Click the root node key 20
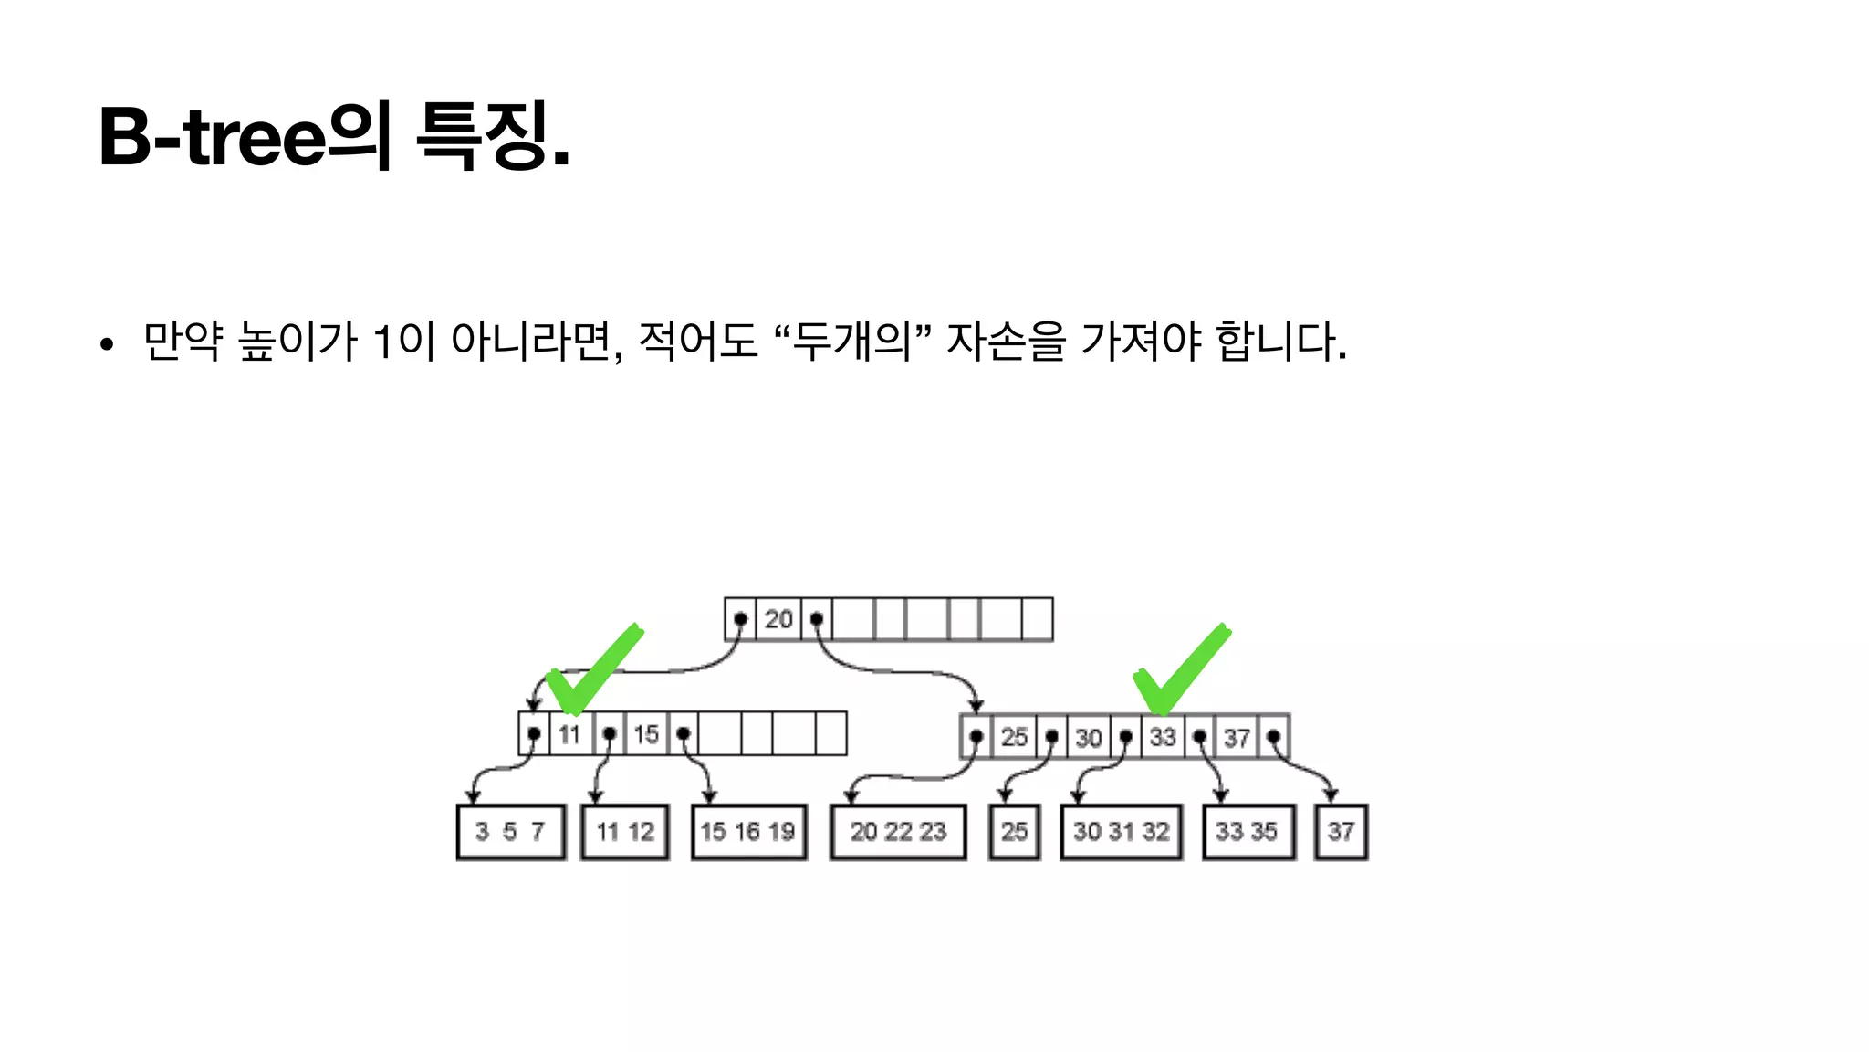(778, 619)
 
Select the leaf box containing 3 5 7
(510, 832)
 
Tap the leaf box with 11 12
(625, 832)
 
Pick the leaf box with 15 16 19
(748, 832)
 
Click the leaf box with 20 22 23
(898, 832)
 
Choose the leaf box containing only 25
(1014, 832)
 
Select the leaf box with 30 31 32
(1122, 832)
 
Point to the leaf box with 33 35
(1248, 832)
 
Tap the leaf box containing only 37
(1341, 832)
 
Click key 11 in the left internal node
(569, 734)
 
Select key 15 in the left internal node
(646, 734)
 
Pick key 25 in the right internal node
(1014, 737)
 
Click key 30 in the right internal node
(1088, 737)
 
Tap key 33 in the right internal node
(1163, 737)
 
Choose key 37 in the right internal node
(1237, 737)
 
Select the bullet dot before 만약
(108, 345)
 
